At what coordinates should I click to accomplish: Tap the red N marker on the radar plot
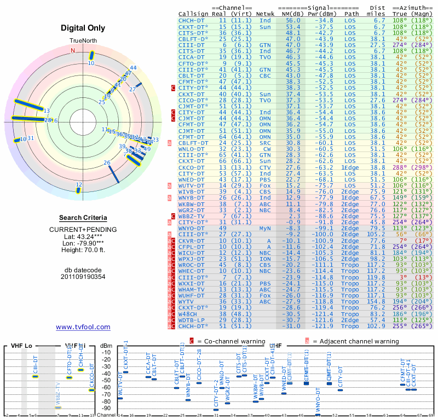[x=72, y=50]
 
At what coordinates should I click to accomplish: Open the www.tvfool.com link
[x=83, y=327]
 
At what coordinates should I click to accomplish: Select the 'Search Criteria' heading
[x=83, y=218]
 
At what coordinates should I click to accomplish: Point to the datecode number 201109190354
[x=83, y=277]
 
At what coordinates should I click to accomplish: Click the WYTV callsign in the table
[x=187, y=301]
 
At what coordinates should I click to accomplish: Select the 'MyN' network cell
[x=265, y=228]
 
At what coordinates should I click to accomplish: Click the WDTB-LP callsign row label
[x=191, y=320]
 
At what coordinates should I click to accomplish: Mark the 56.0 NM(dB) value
[x=292, y=20]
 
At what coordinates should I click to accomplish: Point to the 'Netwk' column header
[x=266, y=13]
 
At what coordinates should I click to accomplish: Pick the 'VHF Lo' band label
[x=21, y=346]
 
